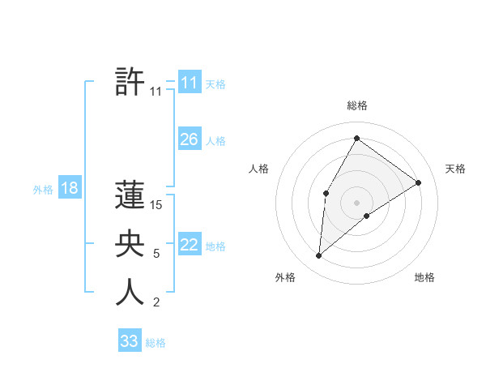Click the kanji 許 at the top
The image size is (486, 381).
click(x=130, y=82)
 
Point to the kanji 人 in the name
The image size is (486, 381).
click(x=130, y=293)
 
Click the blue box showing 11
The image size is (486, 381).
click(x=189, y=82)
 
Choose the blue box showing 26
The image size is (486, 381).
click(x=189, y=139)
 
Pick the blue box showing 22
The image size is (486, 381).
click(x=189, y=245)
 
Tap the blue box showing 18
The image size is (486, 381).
click(x=69, y=188)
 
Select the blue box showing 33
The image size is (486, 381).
click(x=130, y=341)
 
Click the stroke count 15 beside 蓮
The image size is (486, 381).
click(x=156, y=206)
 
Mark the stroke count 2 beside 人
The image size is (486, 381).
click(x=156, y=303)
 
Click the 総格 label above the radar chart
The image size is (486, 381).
click(x=356, y=106)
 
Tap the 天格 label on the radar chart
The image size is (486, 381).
click(x=455, y=169)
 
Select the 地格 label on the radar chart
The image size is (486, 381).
click(x=424, y=277)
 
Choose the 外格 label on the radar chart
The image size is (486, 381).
click(x=285, y=277)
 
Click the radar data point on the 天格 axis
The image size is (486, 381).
click(x=419, y=182)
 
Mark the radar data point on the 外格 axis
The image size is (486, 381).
click(x=319, y=256)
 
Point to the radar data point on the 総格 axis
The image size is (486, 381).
click(x=356, y=138)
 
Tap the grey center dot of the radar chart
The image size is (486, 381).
click(x=356, y=202)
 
